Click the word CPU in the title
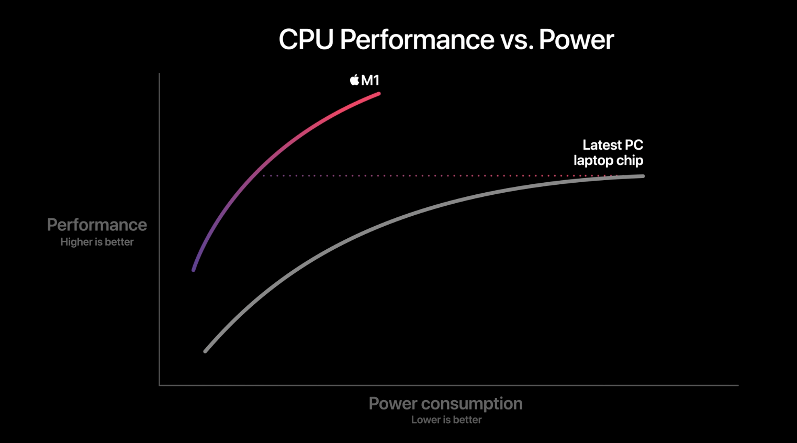coord(306,40)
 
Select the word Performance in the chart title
coord(417,40)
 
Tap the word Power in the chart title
coord(576,40)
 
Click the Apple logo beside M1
coord(354,80)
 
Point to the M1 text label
coord(371,80)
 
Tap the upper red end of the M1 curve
coord(378,94)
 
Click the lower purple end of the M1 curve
coord(194,270)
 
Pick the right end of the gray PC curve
coord(643,176)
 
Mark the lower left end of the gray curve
coord(206,351)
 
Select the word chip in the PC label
coord(630,160)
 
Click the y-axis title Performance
coord(97,225)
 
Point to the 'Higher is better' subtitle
coord(97,242)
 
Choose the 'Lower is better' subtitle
coord(446,419)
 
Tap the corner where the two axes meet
coord(160,385)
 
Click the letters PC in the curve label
coord(633,145)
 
